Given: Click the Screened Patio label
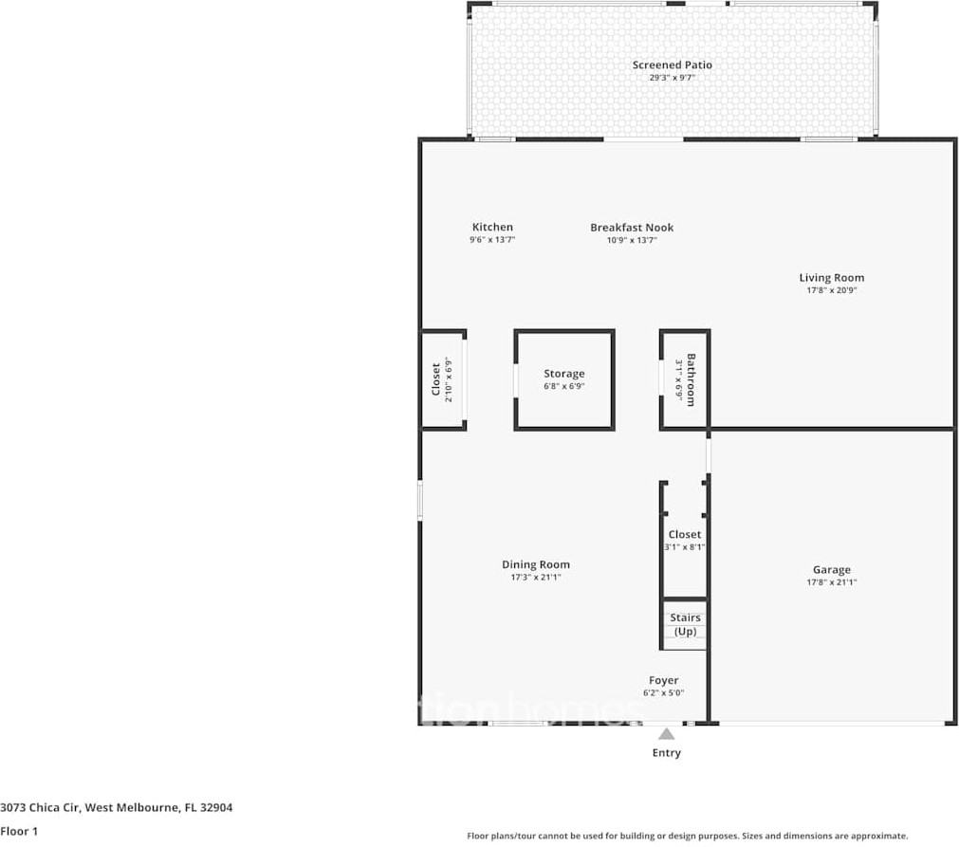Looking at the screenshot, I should [x=672, y=64].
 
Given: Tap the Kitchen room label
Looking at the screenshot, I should [x=492, y=227].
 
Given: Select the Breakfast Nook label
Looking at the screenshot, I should [x=632, y=227].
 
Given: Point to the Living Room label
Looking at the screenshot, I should [x=831, y=278].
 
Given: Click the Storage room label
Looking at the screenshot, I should [x=563, y=374].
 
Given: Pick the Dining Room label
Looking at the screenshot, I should [x=536, y=564].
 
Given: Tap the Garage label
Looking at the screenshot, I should [x=831, y=570].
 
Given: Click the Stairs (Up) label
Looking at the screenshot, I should [x=685, y=624].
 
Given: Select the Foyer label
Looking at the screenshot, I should [x=663, y=680].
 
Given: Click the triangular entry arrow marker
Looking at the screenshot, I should [x=667, y=733].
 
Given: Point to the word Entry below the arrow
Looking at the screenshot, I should [x=666, y=753].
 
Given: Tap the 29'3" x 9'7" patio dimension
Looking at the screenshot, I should [x=672, y=78].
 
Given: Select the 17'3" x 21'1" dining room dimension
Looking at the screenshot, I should [x=536, y=578].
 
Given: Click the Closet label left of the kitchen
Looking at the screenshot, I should [x=436, y=380].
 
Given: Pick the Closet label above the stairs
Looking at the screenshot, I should [x=684, y=534].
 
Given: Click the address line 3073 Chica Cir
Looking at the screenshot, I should [x=116, y=808].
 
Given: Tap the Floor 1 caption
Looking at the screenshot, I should [x=20, y=831].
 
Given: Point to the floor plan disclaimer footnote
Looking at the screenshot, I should [x=687, y=836].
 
